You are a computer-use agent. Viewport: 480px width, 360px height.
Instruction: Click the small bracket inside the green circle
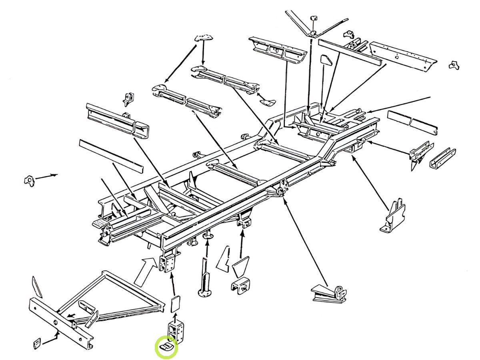point(166,346)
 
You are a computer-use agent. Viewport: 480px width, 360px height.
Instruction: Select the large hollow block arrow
point(144,271)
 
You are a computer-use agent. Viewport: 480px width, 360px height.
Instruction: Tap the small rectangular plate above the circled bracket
point(175,304)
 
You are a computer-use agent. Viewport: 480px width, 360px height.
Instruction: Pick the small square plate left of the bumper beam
point(36,343)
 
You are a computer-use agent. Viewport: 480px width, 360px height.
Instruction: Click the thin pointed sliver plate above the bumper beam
point(37,286)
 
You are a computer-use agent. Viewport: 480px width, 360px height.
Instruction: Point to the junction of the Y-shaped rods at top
point(312,32)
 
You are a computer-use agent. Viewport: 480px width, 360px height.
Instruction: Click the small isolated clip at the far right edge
point(454,65)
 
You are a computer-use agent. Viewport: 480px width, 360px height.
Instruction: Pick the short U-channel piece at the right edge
point(442,158)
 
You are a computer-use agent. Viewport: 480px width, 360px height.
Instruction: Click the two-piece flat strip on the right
point(412,123)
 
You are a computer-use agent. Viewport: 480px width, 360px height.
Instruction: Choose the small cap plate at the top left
point(204,38)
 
